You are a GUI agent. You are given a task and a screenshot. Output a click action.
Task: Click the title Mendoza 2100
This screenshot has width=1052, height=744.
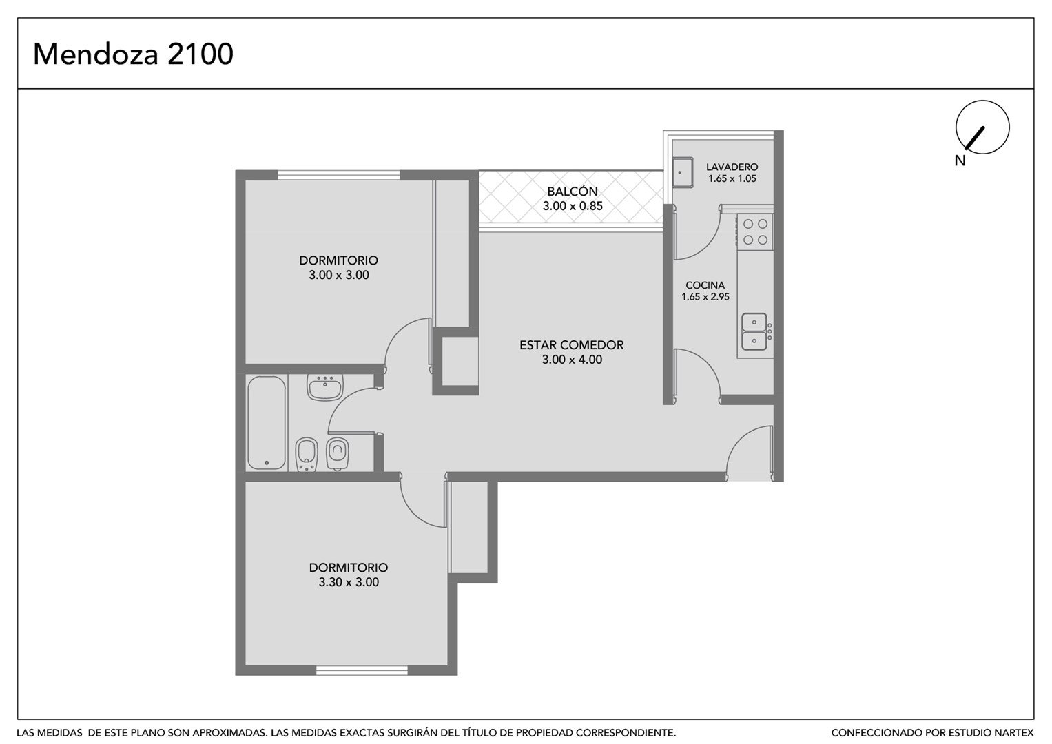point(133,54)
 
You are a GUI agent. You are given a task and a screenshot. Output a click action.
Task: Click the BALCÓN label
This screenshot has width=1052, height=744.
point(572,192)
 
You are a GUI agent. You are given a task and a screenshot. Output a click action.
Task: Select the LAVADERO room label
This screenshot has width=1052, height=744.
point(732,167)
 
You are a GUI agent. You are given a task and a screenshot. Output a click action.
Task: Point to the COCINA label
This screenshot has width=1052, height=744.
point(705,285)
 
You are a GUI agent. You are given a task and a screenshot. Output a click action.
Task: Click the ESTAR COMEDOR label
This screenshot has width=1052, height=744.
point(572,345)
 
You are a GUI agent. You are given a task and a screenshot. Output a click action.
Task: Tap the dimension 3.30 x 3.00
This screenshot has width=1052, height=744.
point(349,582)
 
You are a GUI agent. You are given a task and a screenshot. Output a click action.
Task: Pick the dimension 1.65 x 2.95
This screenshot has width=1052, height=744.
point(705,297)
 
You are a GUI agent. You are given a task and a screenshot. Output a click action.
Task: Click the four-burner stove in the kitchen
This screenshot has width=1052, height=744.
point(754,232)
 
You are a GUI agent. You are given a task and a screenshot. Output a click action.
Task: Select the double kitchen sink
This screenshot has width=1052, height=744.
point(754,331)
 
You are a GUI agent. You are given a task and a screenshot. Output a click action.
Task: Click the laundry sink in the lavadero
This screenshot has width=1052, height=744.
point(683,172)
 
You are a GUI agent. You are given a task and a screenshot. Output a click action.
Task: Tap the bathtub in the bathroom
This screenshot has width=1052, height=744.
point(267,423)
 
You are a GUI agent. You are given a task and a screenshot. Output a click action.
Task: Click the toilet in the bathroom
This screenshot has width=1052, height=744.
point(337,454)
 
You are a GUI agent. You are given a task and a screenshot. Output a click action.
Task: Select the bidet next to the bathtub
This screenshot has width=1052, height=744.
point(307,454)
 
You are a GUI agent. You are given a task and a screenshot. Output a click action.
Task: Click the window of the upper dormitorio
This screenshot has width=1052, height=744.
point(339,175)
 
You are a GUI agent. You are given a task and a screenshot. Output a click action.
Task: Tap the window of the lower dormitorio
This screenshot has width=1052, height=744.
point(362,670)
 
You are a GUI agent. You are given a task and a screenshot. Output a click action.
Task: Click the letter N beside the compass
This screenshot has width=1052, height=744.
point(960,161)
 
